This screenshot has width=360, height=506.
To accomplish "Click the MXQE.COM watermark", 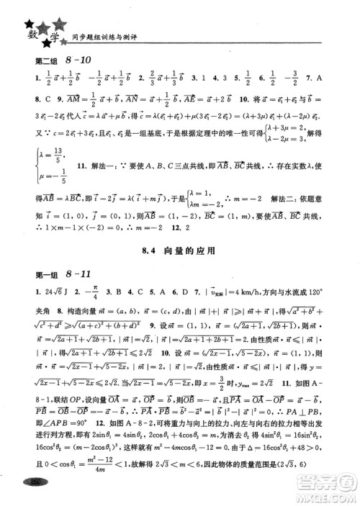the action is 331,493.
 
